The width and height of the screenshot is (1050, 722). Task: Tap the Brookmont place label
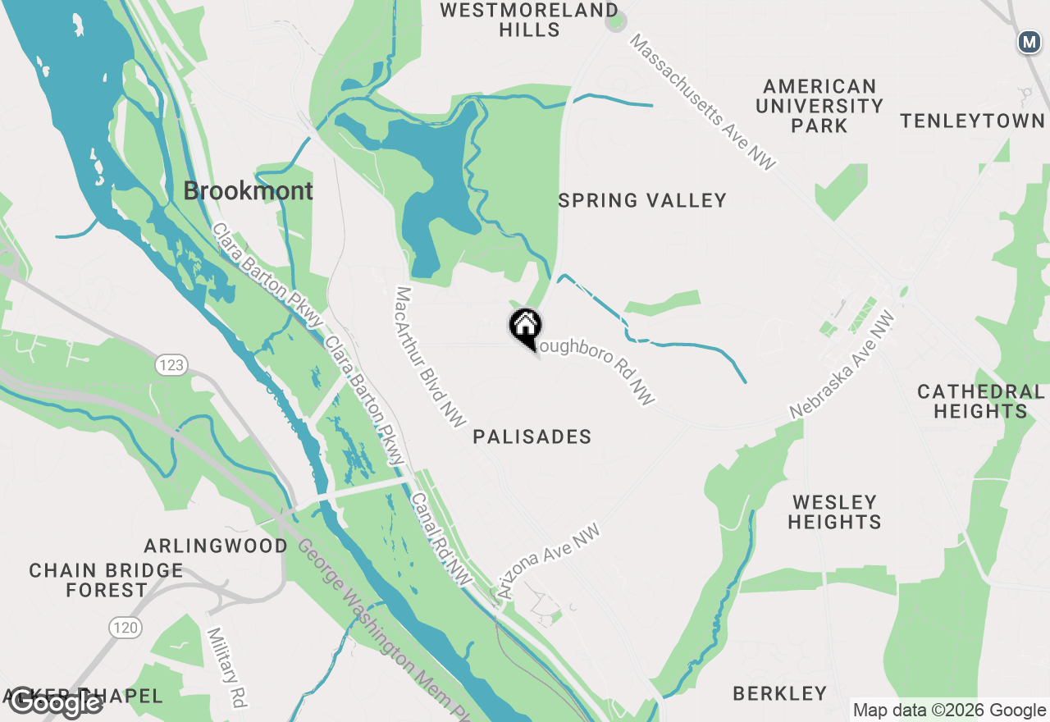[x=248, y=191]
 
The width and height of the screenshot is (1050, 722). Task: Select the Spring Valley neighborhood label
[x=642, y=201]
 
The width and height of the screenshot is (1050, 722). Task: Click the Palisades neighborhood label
[x=532, y=436]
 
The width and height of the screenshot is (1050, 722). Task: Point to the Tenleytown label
[x=973, y=121]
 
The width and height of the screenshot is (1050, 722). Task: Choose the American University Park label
[x=819, y=106]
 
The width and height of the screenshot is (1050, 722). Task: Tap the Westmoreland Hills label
[x=529, y=20]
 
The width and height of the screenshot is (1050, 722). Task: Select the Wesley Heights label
[x=834, y=512]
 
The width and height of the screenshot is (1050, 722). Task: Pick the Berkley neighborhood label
[x=780, y=693]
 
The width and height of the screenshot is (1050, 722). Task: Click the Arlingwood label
[x=217, y=546]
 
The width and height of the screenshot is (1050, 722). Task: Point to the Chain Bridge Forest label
[x=107, y=580]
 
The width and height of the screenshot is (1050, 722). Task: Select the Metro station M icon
[x=1029, y=42]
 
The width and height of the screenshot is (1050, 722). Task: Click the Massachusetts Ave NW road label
[x=702, y=103]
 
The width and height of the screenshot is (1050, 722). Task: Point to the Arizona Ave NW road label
[x=548, y=562]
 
